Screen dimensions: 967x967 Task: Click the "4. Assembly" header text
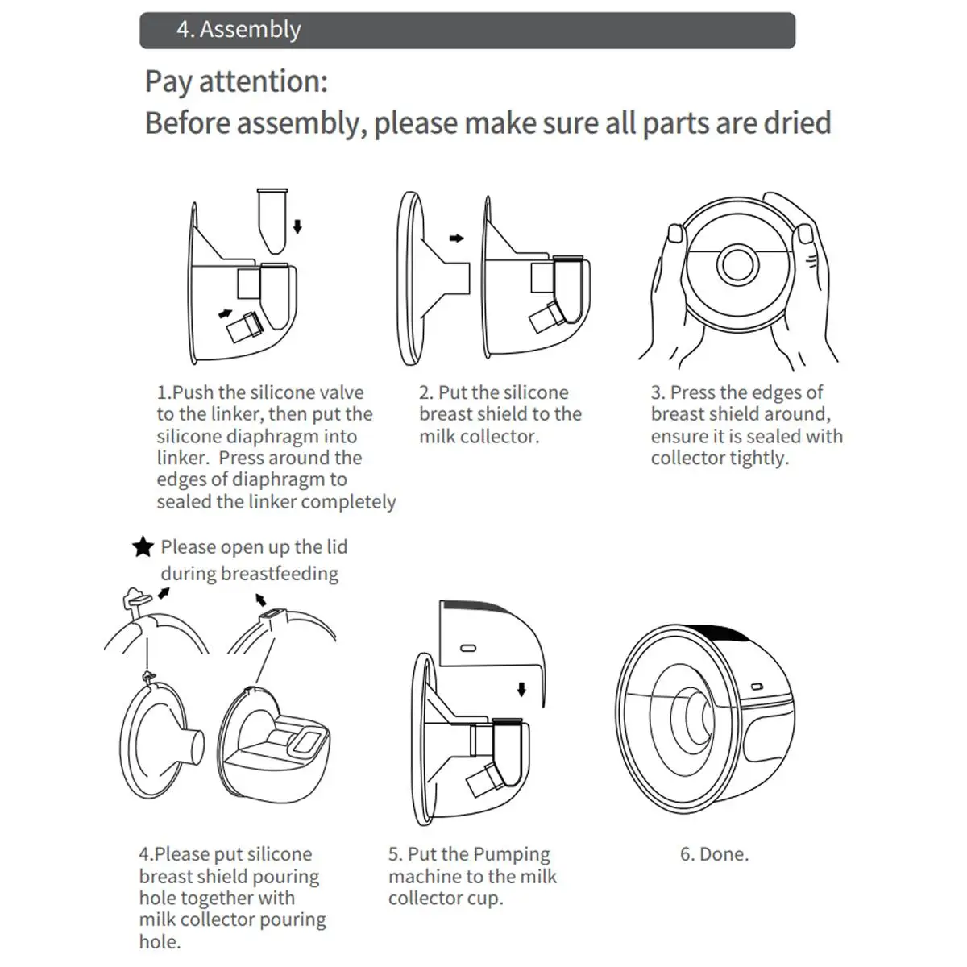pos(239,30)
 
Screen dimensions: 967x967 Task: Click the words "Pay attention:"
pos(236,81)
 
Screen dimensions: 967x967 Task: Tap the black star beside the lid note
pos(143,547)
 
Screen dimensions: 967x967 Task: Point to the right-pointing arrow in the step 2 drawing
pos(456,239)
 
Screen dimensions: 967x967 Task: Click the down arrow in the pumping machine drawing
pos(521,689)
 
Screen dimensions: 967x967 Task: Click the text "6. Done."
pos(714,854)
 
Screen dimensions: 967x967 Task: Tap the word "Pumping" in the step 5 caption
pos(513,854)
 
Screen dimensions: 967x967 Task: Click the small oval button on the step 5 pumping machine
pos(468,647)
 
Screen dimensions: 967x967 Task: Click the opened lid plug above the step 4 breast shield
pos(135,597)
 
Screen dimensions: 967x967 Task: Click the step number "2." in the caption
pos(425,392)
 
